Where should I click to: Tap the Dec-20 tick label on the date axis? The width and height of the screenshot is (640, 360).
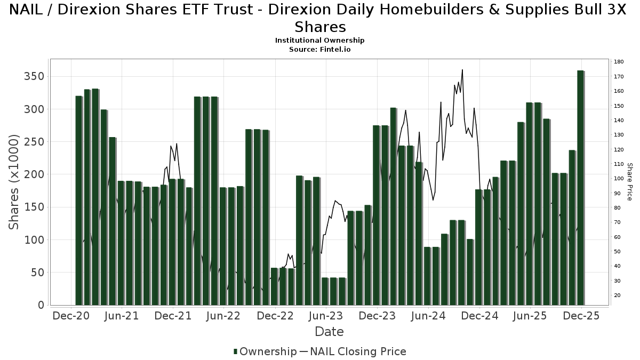pos(71,316)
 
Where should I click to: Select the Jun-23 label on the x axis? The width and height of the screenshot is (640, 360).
pos(326,316)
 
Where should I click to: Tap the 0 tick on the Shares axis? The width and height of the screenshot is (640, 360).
pos(41,305)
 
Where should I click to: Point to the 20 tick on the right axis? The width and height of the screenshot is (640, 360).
pos(617,295)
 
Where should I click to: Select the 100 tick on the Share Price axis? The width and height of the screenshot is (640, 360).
pos(619,179)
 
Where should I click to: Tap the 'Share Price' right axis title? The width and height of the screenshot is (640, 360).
pos(629,182)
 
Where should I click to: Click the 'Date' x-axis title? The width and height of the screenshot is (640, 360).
pos(329,332)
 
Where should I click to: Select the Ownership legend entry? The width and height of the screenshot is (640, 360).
pos(265,351)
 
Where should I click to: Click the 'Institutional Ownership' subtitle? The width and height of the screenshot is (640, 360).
pos(319,41)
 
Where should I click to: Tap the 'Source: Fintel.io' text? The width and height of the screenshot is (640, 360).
pos(319,49)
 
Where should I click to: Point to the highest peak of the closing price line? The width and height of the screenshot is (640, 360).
pos(462,70)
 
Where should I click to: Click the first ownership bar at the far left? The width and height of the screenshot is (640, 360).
pos(79,201)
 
